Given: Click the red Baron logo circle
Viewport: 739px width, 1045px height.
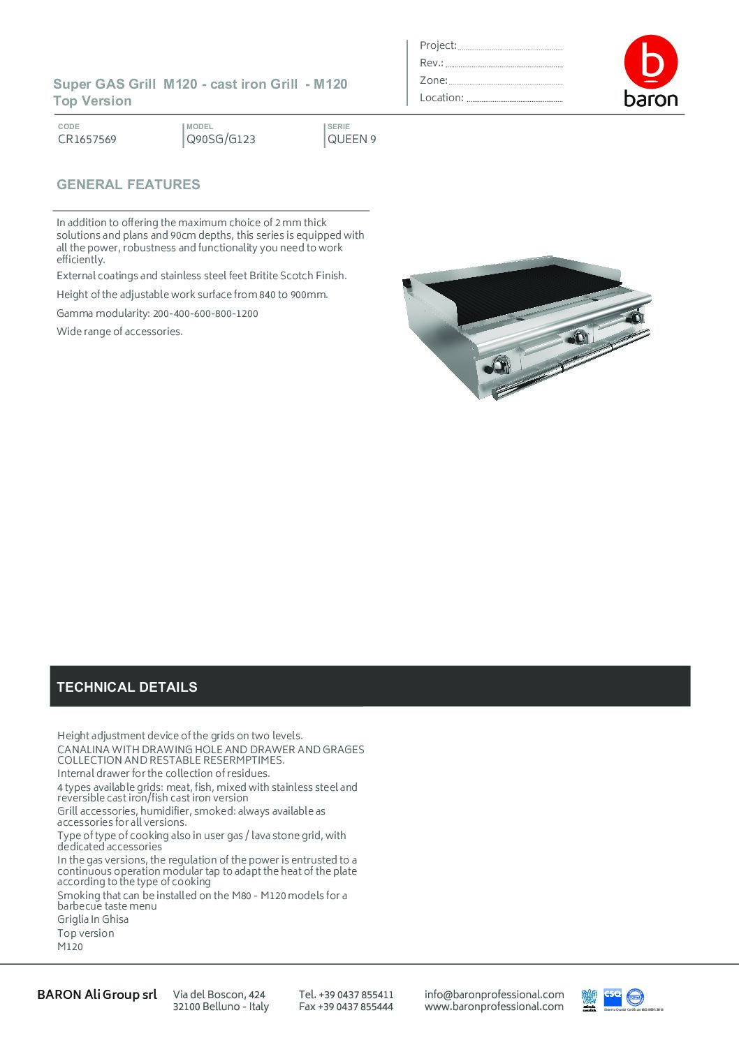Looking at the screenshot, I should point(650,62).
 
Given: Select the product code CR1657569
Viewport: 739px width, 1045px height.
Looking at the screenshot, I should point(87,139).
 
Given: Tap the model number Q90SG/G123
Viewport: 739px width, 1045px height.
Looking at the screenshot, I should point(221,139).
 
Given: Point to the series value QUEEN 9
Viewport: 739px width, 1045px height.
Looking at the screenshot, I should point(352,139).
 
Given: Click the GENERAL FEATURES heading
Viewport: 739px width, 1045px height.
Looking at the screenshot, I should point(129,185).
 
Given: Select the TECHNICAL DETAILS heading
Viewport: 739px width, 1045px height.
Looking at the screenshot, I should point(127,687).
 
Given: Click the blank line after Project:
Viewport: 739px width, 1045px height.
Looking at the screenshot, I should point(510,47).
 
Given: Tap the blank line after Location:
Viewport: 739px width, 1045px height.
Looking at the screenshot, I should point(514,100).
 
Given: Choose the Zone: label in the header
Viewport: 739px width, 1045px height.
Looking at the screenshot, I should point(433,80).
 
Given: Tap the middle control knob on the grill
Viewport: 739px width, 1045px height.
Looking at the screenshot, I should point(579,337).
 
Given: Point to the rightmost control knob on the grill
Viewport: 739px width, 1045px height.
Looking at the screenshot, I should point(636,318).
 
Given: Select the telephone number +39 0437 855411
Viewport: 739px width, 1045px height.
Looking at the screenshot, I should point(346,994).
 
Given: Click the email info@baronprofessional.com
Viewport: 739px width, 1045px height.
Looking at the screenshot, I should point(494,994).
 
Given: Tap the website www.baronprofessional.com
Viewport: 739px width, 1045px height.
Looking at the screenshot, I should point(494,1007).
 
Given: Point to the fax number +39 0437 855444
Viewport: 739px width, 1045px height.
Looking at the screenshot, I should point(346,1007).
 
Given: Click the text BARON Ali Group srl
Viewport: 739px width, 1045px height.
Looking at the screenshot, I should point(97,994).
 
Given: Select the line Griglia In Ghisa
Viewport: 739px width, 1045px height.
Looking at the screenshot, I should point(93,919).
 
